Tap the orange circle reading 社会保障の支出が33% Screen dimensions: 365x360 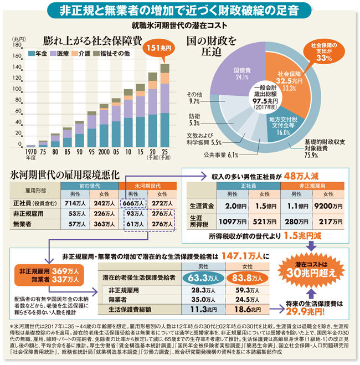point(323,51)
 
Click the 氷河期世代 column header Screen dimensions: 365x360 point(147,187)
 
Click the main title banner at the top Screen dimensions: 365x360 point(179,10)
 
